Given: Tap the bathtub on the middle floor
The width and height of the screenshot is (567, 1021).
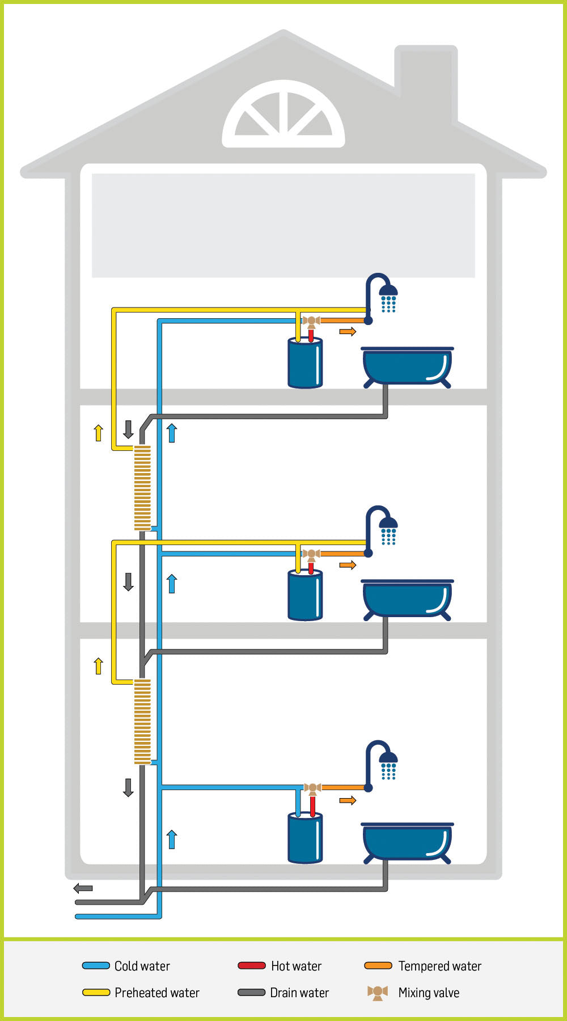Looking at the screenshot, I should [407, 599].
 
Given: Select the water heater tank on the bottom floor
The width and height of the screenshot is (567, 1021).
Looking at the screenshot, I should [305, 838].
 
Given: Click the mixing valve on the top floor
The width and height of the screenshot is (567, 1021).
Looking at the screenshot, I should [311, 322].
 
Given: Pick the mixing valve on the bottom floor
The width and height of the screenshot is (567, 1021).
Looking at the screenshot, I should [312, 788].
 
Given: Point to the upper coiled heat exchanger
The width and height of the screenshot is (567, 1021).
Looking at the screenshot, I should [142, 488].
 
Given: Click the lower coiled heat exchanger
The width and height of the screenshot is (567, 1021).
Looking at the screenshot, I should [142, 722].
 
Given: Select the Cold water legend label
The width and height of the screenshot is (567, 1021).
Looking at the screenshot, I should [142, 966].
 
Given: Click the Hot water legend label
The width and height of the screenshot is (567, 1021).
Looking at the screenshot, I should [296, 966].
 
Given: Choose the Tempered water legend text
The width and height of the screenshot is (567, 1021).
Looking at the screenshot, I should [439, 966].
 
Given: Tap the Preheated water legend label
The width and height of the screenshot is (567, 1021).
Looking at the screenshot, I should [156, 993].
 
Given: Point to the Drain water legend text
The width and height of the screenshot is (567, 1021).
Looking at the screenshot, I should [299, 993].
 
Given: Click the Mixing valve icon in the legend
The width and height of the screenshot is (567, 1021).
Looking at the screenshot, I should [378, 993].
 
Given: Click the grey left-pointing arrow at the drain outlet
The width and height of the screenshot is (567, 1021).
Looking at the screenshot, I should [83, 888].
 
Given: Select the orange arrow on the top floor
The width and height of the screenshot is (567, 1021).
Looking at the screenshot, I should [348, 331].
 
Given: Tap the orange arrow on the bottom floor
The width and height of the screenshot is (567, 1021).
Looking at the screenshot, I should [348, 800].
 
